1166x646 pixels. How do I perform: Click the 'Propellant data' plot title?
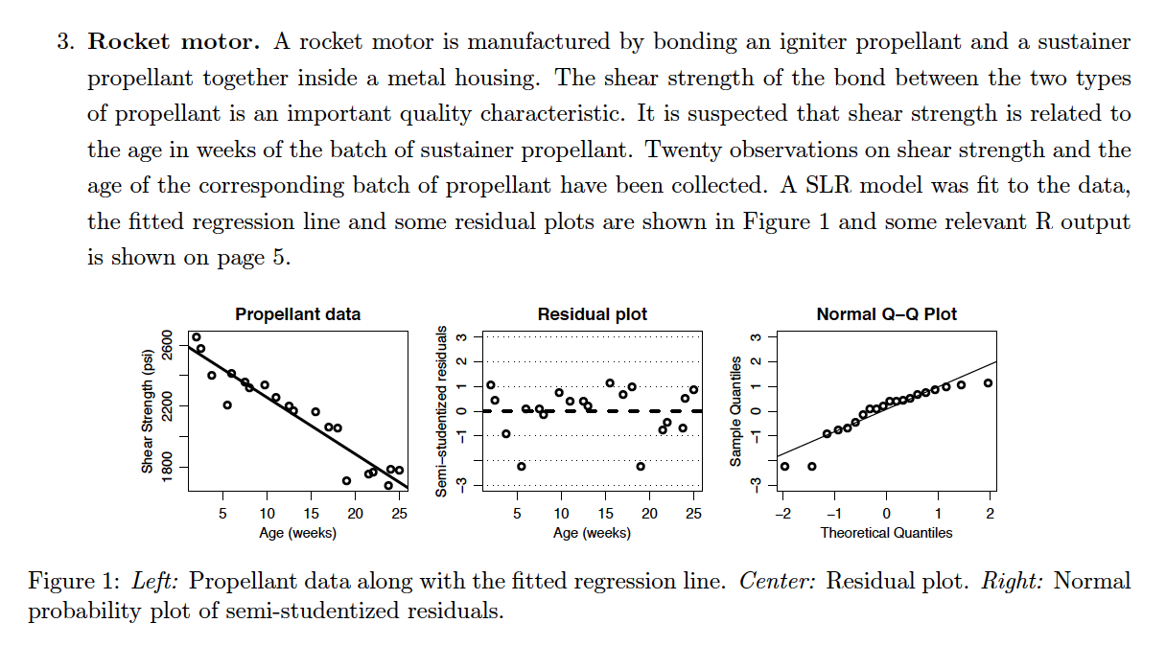pos(298,314)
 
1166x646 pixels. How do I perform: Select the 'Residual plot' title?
pos(593,314)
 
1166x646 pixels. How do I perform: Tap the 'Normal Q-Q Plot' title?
pos(886,314)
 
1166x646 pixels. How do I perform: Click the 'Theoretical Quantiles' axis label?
pos(886,533)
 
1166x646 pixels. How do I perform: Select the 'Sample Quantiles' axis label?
pos(735,411)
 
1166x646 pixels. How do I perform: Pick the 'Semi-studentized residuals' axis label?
pos(442,411)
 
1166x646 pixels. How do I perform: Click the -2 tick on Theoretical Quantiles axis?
pos(782,515)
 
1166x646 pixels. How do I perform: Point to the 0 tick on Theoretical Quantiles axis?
pos(887,515)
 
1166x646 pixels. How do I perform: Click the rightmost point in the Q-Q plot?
pos(988,383)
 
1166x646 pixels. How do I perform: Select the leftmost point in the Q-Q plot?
pos(785,467)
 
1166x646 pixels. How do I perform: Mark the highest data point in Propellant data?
pos(197,337)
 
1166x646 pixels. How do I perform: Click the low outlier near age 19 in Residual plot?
pos(641,466)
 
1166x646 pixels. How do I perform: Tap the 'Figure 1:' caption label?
pos(74,582)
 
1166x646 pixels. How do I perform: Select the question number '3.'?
pos(63,42)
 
